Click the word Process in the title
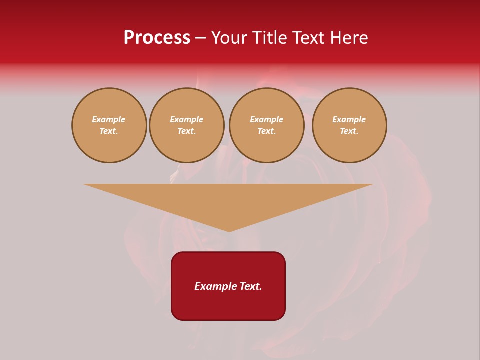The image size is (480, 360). click(x=157, y=38)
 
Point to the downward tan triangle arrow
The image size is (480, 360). click(x=228, y=200)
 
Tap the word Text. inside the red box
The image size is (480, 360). click(x=249, y=286)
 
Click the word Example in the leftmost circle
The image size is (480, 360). click(x=109, y=119)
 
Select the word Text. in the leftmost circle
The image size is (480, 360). click(x=109, y=131)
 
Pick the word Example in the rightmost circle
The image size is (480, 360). click(x=349, y=119)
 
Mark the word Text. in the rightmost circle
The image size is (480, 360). click(x=349, y=131)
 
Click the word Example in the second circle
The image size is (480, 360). click(x=187, y=119)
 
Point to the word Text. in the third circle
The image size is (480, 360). click(x=267, y=131)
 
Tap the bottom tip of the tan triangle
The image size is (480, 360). click(x=229, y=231)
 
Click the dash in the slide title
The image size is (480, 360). click(x=201, y=38)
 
